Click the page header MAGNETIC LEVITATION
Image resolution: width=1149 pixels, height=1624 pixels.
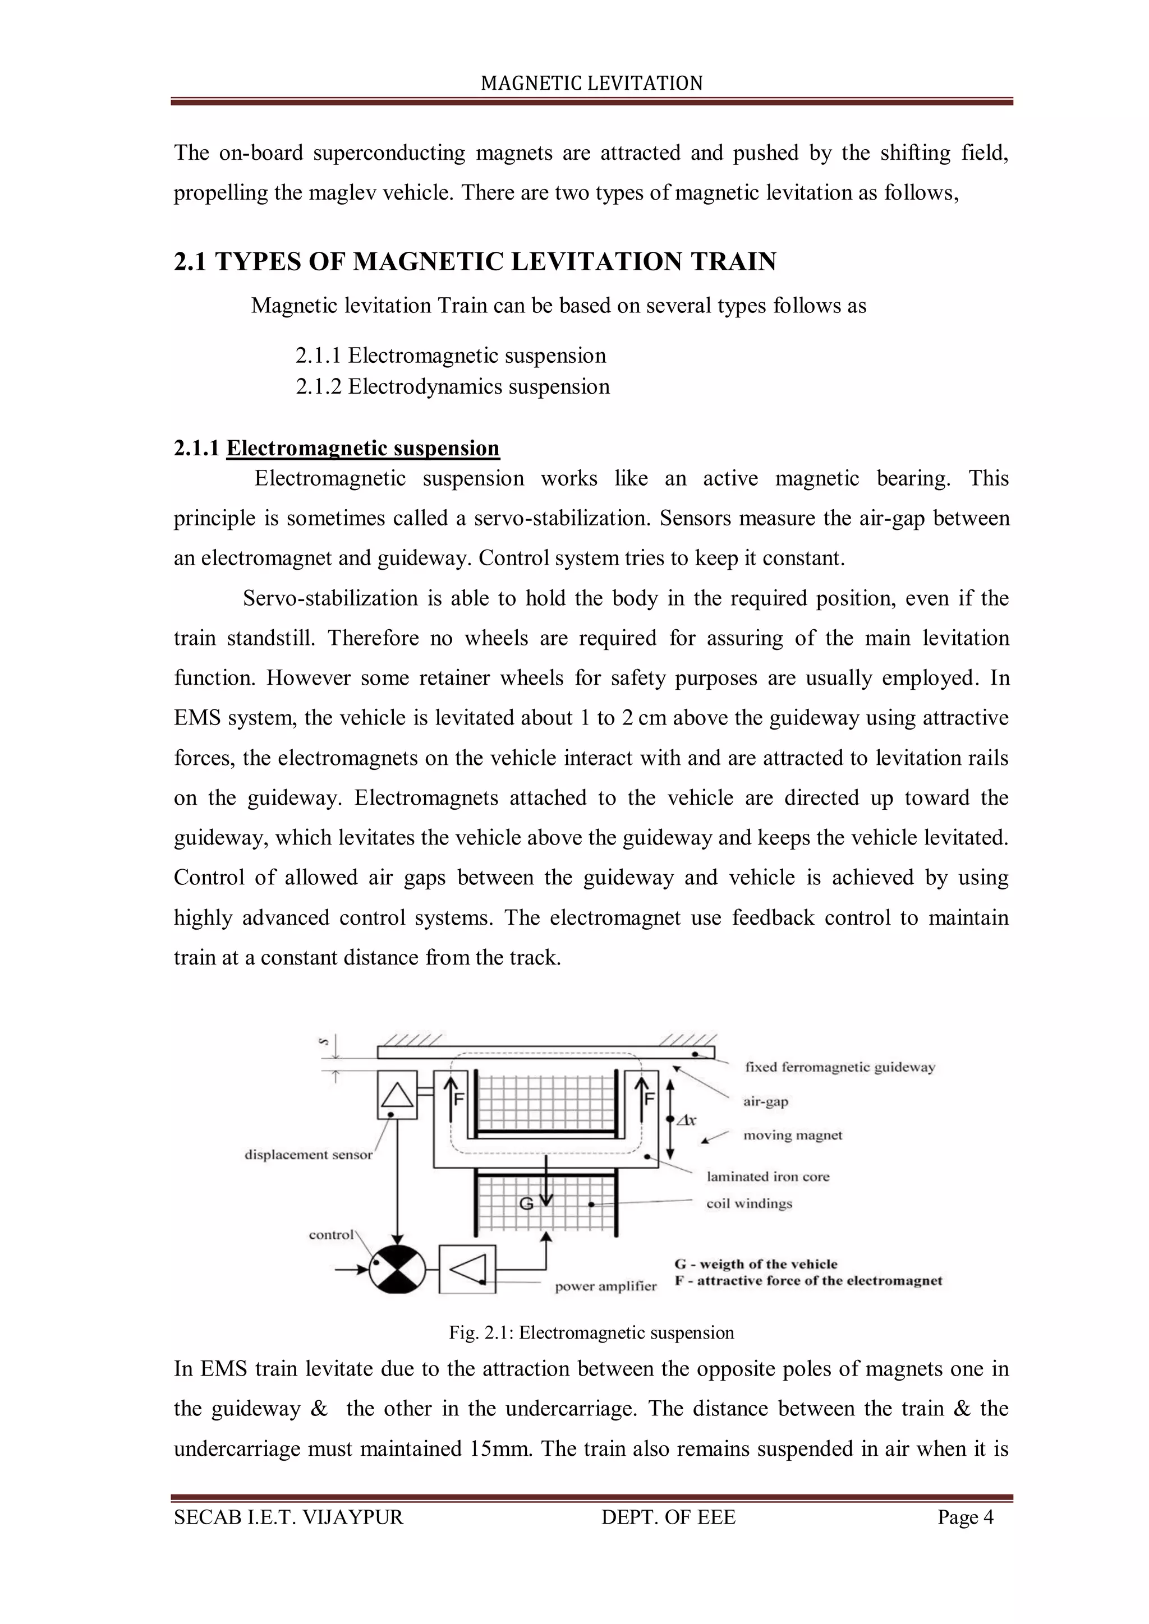click(x=591, y=84)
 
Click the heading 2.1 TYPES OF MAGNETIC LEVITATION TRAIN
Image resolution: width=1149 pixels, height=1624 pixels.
click(x=475, y=262)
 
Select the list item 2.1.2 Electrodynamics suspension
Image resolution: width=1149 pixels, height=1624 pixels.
click(x=452, y=387)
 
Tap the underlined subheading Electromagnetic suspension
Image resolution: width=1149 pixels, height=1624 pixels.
click(x=362, y=449)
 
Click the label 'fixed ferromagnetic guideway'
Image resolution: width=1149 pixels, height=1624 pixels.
click(x=840, y=1067)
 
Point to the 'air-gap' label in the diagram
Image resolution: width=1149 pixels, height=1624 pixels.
click(x=765, y=1101)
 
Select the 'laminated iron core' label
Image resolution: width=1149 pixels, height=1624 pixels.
click(x=767, y=1177)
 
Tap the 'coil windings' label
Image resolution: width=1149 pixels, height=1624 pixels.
click(x=748, y=1204)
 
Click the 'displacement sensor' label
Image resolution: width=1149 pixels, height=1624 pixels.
click(x=308, y=1155)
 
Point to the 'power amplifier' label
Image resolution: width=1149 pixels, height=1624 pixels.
click(x=605, y=1286)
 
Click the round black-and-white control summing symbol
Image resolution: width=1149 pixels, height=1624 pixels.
click(x=398, y=1270)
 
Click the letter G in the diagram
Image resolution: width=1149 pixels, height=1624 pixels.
click(x=526, y=1203)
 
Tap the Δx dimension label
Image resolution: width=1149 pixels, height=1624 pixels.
click(x=686, y=1120)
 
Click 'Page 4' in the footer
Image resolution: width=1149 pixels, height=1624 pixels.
click(x=965, y=1517)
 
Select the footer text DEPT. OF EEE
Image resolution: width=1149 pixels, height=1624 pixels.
click(x=668, y=1517)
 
